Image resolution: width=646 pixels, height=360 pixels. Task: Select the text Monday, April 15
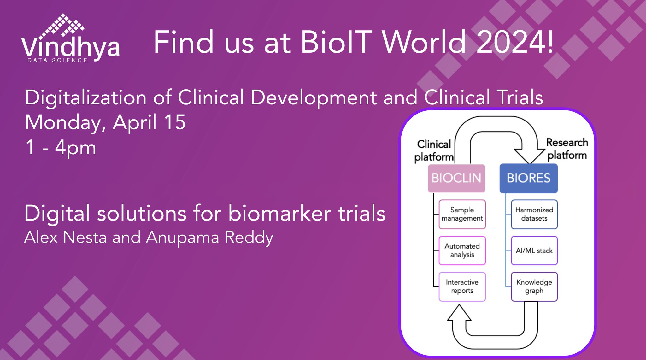pos(105,123)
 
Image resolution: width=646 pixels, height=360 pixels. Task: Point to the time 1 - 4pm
pos(61,148)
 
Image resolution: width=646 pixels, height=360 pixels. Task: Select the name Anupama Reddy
pos(209,238)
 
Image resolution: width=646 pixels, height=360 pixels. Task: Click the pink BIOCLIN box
pos(456,178)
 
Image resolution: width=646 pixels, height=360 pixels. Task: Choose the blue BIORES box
pos(529,178)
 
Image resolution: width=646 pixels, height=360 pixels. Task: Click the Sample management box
pos(462,214)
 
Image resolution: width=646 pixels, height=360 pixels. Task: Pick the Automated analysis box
pos(462,251)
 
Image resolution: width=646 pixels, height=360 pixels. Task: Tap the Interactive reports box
pos(462,286)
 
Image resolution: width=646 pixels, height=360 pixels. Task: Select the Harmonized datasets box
pos(534,214)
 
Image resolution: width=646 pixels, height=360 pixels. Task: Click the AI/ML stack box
pos(534,251)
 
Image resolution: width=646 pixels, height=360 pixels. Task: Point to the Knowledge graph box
pos(534,286)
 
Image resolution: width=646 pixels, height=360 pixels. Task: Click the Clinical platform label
pos(434,150)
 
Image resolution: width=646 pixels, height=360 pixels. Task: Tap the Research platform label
pos(567,149)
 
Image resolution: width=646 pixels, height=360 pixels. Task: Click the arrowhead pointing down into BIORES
pos(530,156)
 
